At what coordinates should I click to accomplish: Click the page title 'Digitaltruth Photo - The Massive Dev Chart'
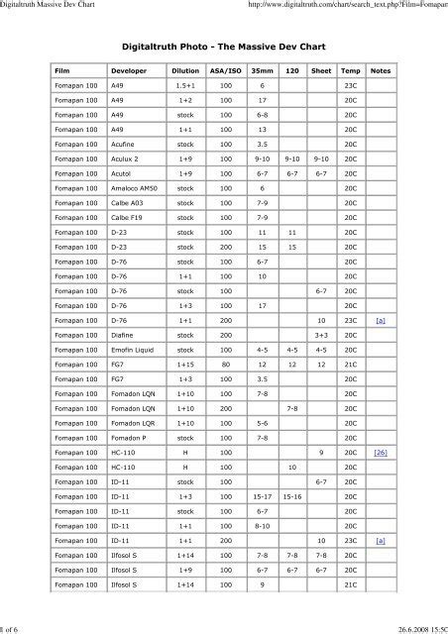[224, 46]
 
